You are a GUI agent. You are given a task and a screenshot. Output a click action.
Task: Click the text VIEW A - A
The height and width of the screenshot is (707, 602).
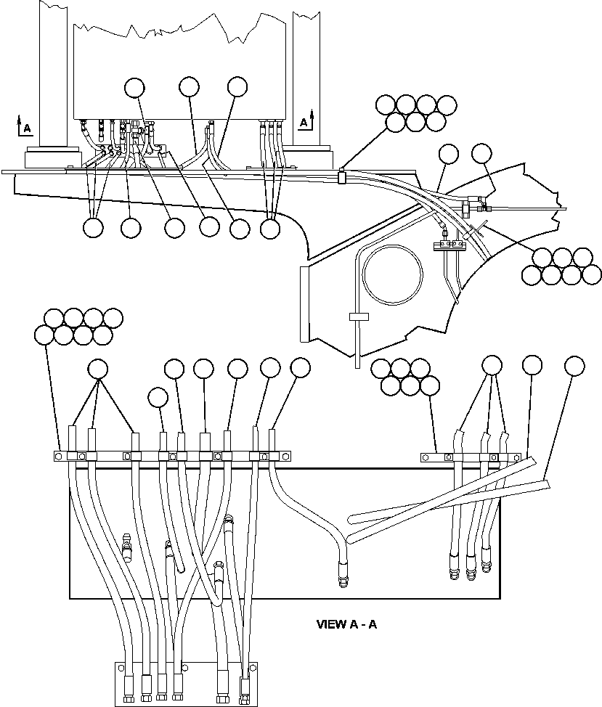click(346, 624)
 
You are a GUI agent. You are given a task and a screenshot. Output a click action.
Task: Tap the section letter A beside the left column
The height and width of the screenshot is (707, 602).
click(27, 128)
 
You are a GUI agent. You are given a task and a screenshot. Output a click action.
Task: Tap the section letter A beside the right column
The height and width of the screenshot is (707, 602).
click(304, 123)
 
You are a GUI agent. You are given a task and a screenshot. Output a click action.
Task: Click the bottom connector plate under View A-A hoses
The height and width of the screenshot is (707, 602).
click(185, 683)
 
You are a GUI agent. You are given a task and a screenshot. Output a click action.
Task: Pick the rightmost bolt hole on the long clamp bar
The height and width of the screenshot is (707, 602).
click(288, 456)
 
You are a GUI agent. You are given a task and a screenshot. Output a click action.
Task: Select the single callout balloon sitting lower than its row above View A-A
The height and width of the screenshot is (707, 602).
click(158, 397)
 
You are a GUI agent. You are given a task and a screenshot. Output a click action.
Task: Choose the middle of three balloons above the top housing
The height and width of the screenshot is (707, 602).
click(189, 87)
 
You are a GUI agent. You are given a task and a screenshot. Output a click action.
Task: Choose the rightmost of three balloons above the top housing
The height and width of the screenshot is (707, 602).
click(237, 86)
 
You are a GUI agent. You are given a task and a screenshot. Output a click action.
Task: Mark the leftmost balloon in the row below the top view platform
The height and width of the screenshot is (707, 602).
click(92, 228)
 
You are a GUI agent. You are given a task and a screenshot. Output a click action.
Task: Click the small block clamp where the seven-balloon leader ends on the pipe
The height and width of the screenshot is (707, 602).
click(341, 176)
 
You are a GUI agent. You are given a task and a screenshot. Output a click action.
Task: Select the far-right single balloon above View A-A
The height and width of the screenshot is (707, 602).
click(574, 366)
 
